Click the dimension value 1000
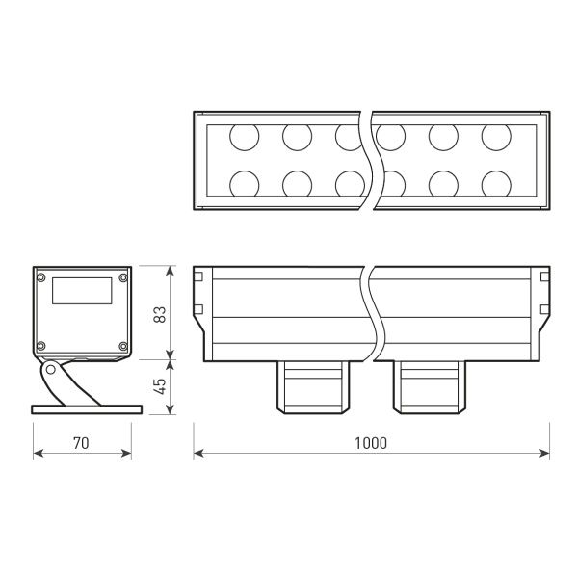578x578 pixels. [x=370, y=443]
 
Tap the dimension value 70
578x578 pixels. [x=81, y=443]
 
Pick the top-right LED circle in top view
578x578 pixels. [x=495, y=138]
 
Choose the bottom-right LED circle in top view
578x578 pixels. [x=495, y=182]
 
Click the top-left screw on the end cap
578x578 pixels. [x=40, y=278]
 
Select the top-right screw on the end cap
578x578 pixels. [x=122, y=278]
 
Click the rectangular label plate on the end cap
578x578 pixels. [x=81, y=291]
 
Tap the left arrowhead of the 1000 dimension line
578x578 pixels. [x=197, y=453]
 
